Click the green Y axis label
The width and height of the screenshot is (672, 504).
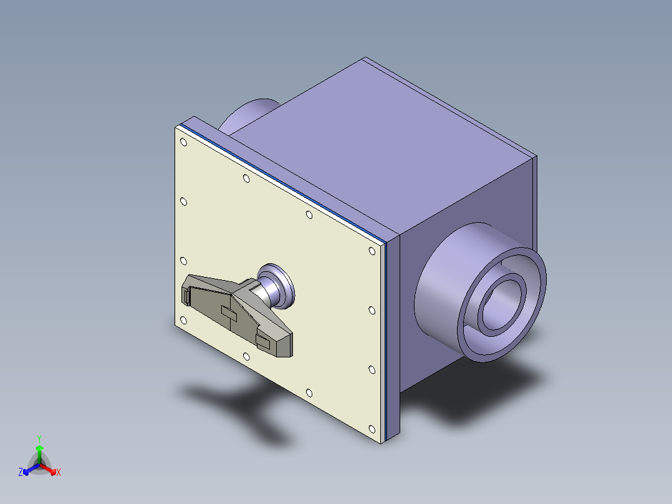click(x=39, y=438)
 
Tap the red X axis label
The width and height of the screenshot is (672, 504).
click(x=58, y=472)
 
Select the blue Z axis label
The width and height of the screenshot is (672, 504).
click(x=21, y=472)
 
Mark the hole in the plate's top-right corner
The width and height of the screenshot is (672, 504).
click(x=372, y=251)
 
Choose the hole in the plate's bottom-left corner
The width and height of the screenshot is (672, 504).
click(x=183, y=320)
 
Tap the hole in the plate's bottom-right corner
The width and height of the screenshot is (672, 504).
click(x=372, y=429)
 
